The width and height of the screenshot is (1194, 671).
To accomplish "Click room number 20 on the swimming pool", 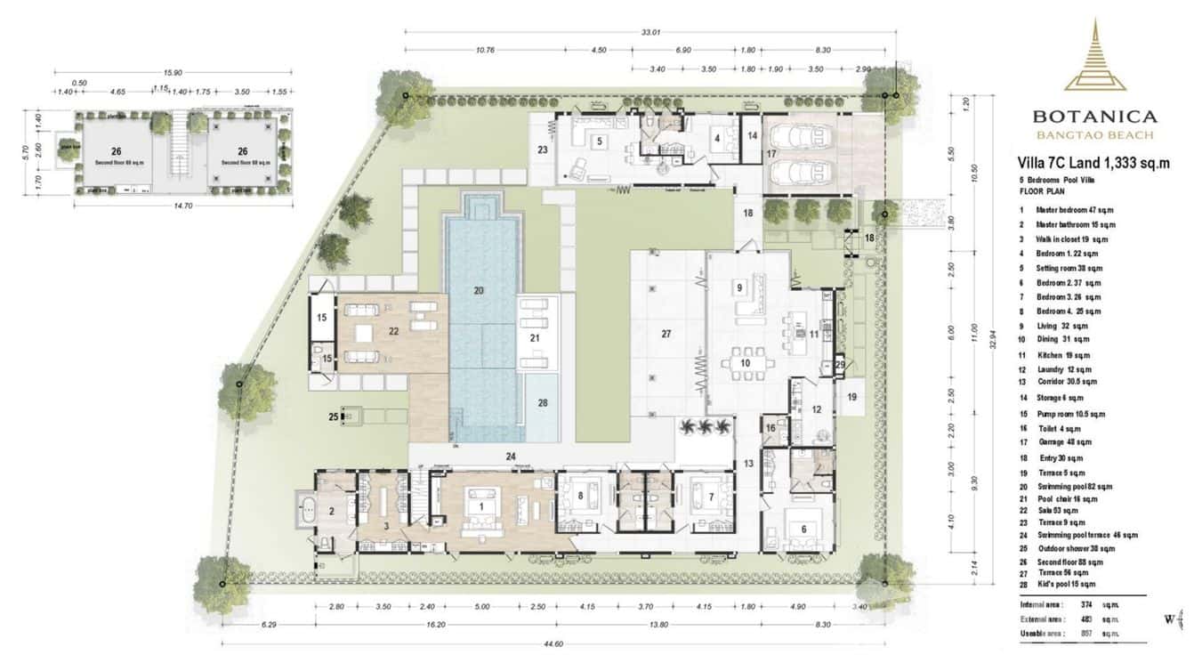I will coord(479,290).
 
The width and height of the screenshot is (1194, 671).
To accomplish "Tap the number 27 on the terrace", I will coord(666,335).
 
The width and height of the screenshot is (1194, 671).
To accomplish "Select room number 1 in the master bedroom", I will coord(481,506).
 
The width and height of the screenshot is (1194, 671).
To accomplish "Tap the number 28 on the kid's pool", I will coord(543,402).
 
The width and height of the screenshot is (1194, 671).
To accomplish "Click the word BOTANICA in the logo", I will coord(1094,117).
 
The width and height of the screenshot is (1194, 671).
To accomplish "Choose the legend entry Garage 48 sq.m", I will coord(1069,442).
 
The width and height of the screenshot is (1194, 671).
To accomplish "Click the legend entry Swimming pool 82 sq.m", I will coord(1079,487).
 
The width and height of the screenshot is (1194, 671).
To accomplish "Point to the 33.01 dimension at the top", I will coord(650,33).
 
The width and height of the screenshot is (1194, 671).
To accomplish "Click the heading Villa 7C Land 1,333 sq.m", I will coord(1093,163).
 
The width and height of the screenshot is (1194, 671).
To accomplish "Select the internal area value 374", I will coord(1085,605).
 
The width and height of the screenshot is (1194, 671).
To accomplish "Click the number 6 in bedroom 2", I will coord(803,529).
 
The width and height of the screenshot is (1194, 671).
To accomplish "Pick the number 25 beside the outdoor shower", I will coord(334,416).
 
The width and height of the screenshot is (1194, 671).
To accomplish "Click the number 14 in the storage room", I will coord(752,136).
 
